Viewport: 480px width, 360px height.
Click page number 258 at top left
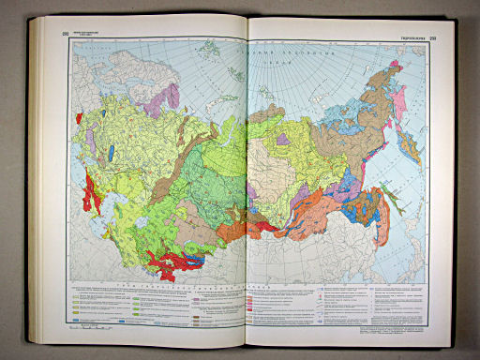[67, 36]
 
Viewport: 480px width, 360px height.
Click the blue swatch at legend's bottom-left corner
[76, 320]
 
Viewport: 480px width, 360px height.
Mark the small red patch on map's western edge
[80, 118]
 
